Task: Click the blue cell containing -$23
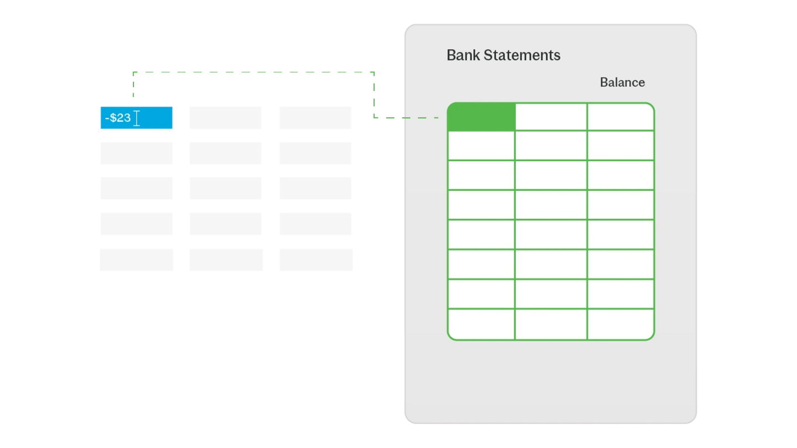coord(137,118)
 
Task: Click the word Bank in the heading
coord(463,55)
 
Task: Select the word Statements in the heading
coord(522,55)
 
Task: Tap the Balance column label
coord(622,82)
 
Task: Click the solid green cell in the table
coord(482,117)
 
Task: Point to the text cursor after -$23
coord(137,118)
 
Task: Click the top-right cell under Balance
coord(620,117)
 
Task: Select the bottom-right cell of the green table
coord(620,324)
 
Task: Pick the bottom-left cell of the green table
coord(482,324)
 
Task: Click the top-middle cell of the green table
coord(551,117)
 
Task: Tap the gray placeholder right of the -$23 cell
coord(226,118)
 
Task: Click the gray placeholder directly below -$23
coord(137,153)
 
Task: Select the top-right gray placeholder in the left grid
coord(315,118)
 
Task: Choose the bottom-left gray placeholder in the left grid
coord(137,260)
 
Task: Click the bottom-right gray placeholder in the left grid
coord(316,260)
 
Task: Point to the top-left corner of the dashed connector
coord(133,72)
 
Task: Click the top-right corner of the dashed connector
coord(374,72)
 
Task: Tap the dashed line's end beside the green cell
coord(438,117)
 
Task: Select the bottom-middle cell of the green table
coord(551,324)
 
